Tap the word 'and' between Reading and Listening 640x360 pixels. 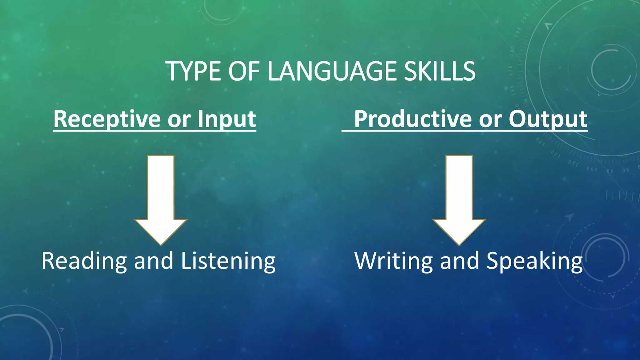(x=153, y=261)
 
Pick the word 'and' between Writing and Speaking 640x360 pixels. (x=459, y=261)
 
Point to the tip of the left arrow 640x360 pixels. (x=161, y=244)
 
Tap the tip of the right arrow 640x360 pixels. (x=459, y=244)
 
